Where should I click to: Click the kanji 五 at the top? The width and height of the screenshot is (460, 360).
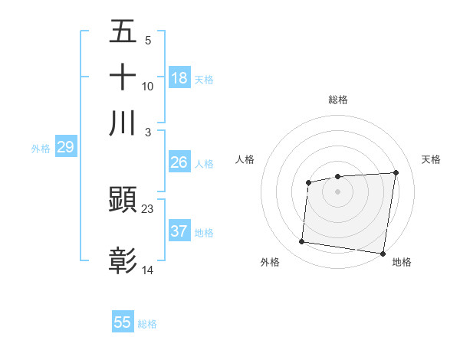tap(123, 31)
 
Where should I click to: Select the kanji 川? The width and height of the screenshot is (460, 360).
tap(123, 123)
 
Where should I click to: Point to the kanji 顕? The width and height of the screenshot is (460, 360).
tap(123, 201)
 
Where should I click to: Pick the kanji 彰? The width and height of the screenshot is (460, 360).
tap(123, 261)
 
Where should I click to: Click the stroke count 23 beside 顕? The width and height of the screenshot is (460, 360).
tap(148, 208)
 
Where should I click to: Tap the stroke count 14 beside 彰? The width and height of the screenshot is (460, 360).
tap(148, 270)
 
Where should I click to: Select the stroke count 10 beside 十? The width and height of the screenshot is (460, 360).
tap(148, 86)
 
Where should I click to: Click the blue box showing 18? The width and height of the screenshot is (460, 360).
tap(179, 78)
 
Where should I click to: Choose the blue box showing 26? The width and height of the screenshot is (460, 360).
tap(179, 162)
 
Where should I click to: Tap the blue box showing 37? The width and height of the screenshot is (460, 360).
tap(179, 231)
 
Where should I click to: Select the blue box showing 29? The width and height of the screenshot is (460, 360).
tap(65, 147)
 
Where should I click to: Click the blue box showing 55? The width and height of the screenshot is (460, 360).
tap(123, 322)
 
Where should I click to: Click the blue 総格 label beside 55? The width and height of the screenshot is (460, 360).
tap(147, 324)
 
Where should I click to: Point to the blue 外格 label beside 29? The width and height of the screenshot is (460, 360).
tap(41, 149)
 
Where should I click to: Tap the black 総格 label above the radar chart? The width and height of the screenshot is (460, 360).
tap(338, 100)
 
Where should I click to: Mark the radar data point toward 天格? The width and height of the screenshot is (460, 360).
tap(396, 172)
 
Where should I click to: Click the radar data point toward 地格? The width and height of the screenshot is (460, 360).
tap(383, 254)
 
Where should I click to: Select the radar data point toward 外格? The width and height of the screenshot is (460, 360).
tap(302, 242)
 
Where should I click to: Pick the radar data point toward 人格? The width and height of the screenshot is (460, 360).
tap(308, 182)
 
